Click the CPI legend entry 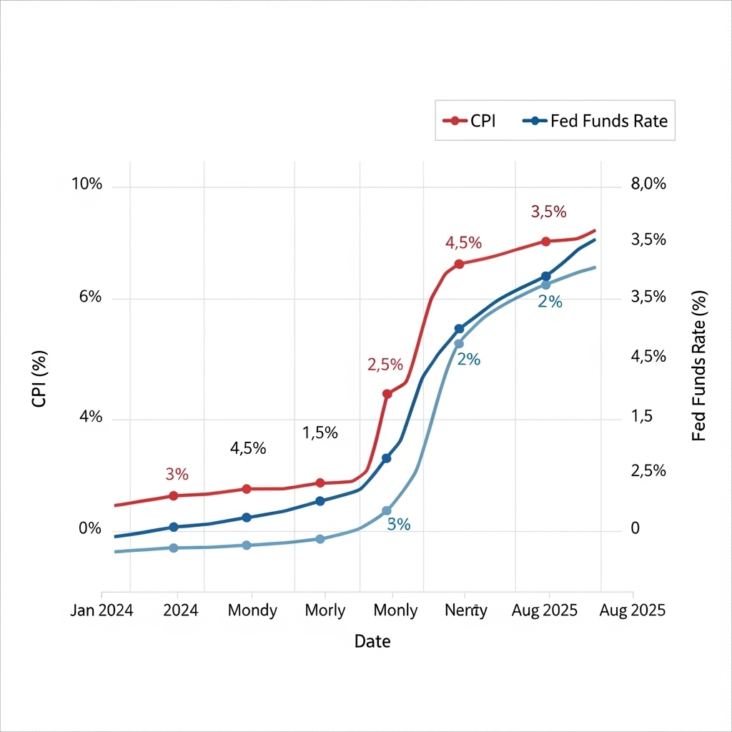(468, 121)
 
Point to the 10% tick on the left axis (87, 184)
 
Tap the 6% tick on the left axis (90, 297)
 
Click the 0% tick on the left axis (90, 529)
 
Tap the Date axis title (372, 641)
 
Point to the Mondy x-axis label (252, 610)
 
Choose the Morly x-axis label (325, 610)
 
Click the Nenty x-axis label (466, 610)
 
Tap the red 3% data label (177, 474)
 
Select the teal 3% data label (398, 525)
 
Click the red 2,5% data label (385, 365)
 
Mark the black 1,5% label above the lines (320, 432)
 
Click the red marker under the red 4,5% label (459, 264)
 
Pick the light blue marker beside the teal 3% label (387, 510)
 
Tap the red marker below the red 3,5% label (545, 242)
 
